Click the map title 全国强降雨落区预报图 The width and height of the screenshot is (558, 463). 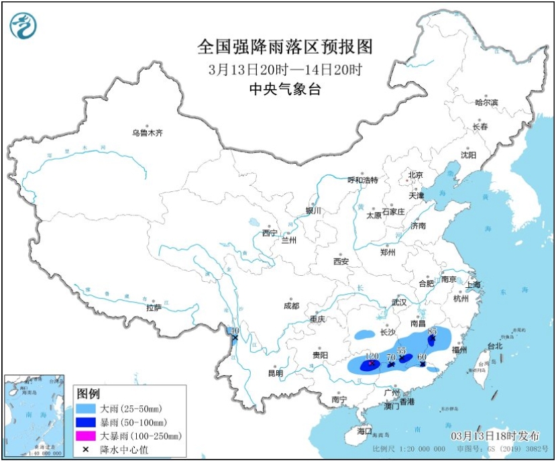tap(285, 47)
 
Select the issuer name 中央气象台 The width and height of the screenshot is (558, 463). tap(285, 88)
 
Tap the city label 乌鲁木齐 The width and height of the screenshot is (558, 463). tap(147, 134)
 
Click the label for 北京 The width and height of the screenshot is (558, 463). tap(416, 175)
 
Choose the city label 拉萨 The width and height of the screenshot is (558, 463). tap(154, 308)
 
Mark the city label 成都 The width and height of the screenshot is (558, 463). tap(291, 305)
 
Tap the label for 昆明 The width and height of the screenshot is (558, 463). tap(275, 373)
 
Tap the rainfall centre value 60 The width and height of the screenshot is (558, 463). tap(423, 357)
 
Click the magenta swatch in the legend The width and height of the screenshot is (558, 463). tap(86, 435)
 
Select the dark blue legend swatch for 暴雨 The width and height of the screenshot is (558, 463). tap(86, 421)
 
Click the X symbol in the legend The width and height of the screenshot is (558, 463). tap(86, 449)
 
